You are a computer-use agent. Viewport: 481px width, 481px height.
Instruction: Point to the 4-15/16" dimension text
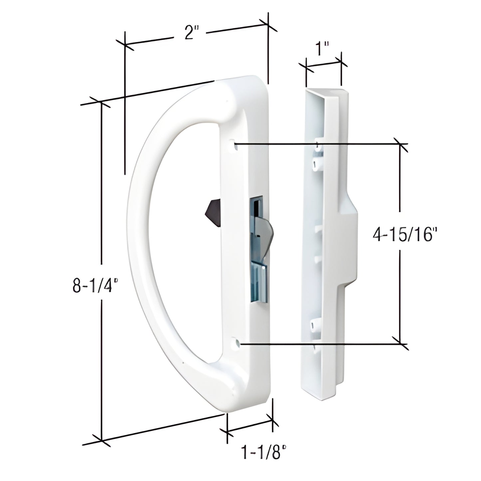pyautogui.click(x=403, y=235)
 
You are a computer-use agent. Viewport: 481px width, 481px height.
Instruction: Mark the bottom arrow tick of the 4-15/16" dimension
pyautogui.click(x=400, y=343)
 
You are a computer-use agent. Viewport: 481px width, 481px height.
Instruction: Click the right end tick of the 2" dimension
pyautogui.click(x=268, y=24)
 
